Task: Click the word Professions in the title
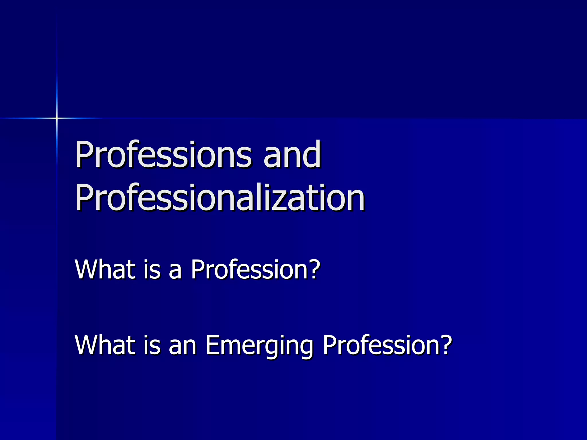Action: [163, 155]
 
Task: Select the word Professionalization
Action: [220, 198]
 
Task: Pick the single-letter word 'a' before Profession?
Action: [175, 271]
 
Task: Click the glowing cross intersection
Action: [57, 118]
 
